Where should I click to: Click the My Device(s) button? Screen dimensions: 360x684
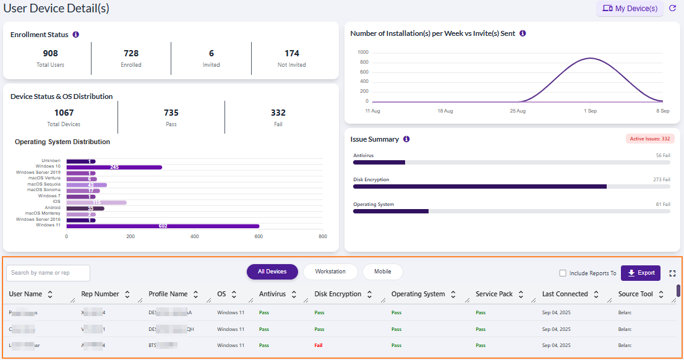[x=630, y=9]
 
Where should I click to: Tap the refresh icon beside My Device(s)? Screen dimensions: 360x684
[x=673, y=9]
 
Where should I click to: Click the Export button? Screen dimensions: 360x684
[x=641, y=273]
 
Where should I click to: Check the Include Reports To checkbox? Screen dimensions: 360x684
[x=563, y=273]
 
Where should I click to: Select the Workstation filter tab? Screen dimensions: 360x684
[x=330, y=272]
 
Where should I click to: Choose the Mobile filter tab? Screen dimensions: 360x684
[x=382, y=272]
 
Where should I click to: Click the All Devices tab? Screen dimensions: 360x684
[x=272, y=272]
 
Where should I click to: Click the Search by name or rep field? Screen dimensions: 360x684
[x=48, y=273]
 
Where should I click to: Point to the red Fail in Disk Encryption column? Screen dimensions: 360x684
[x=318, y=345]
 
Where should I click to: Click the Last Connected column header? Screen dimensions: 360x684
[x=565, y=294]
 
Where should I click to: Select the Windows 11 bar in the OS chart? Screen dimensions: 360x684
[x=163, y=226]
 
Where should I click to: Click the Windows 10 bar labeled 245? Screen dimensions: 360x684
[x=114, y=167]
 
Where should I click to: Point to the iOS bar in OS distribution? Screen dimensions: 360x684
[x=96, y=202]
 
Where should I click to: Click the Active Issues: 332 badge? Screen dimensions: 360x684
[x=649, y=139]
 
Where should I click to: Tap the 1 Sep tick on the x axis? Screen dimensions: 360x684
[x=590, y=111]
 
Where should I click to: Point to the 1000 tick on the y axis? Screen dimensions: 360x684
[x=363, y=53]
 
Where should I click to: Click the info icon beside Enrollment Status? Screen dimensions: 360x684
[x=75, y=35]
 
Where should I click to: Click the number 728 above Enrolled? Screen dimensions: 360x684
[x=131, y=54]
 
